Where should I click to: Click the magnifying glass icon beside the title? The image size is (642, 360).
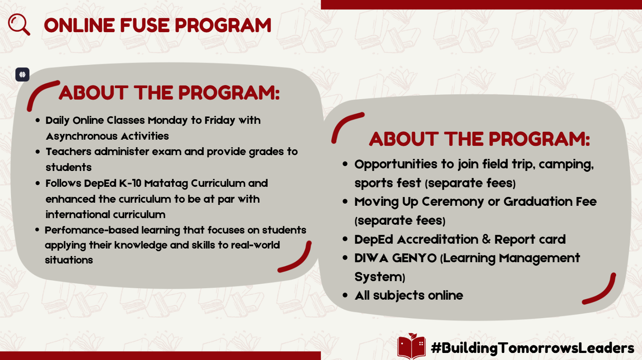[x=19, y=24]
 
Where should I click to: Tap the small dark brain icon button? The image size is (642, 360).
[x=22, y=74]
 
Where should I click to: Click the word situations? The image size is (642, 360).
[x=69, y=260]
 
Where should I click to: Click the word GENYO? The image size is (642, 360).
[x=414, y=258]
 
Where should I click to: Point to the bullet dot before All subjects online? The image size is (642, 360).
[x=345, y=296]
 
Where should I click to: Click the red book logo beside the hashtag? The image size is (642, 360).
[x=411, y=346]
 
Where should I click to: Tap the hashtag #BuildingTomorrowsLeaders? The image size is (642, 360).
[x=532, y=348]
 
